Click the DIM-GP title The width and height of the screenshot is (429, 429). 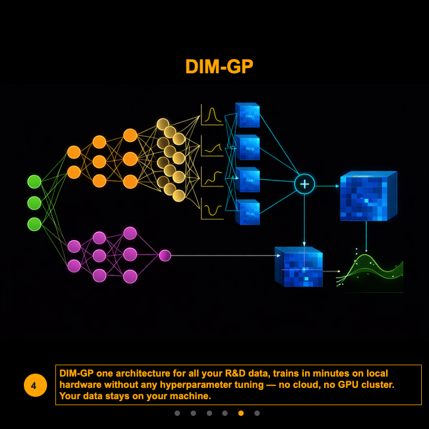tap(219, 67)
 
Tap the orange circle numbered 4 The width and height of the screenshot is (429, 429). tap(34, 386)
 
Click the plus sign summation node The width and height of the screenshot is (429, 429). tap(304, 184)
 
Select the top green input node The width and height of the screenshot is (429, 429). tap(35, 181)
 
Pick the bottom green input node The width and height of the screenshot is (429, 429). tap(35, 224)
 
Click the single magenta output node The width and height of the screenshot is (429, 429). tap(165, 256)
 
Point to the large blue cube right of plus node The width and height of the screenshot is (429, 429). tap(368, 196)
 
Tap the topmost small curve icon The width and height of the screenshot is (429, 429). tap(212, 115)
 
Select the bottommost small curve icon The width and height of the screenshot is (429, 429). tap(212, 209)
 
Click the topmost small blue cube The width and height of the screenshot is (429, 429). tap(247, 115)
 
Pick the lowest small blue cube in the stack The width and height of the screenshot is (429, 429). tap(247, 212)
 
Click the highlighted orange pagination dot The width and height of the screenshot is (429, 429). tap(241, 413)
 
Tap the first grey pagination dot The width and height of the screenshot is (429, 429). tap(177, 413)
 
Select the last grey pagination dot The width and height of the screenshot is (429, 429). tap(257, 413)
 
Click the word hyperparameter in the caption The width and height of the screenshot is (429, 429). tap(192, 385)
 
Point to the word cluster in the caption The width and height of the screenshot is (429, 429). tap(374, 385)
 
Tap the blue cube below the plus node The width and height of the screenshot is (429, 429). tap(299, 266)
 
